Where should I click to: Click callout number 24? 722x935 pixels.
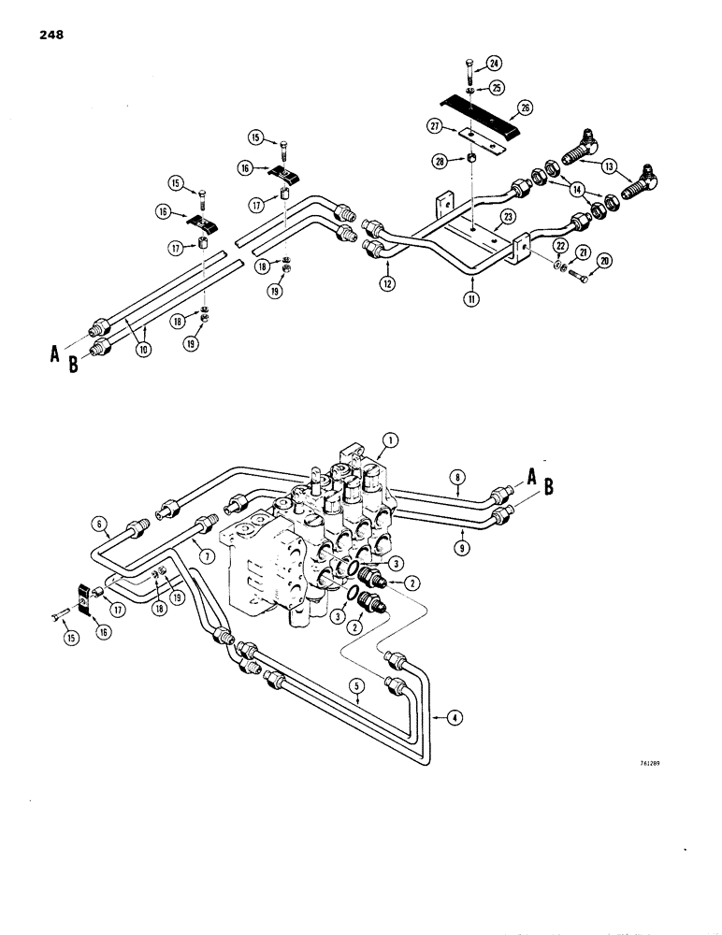click(493, 64)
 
